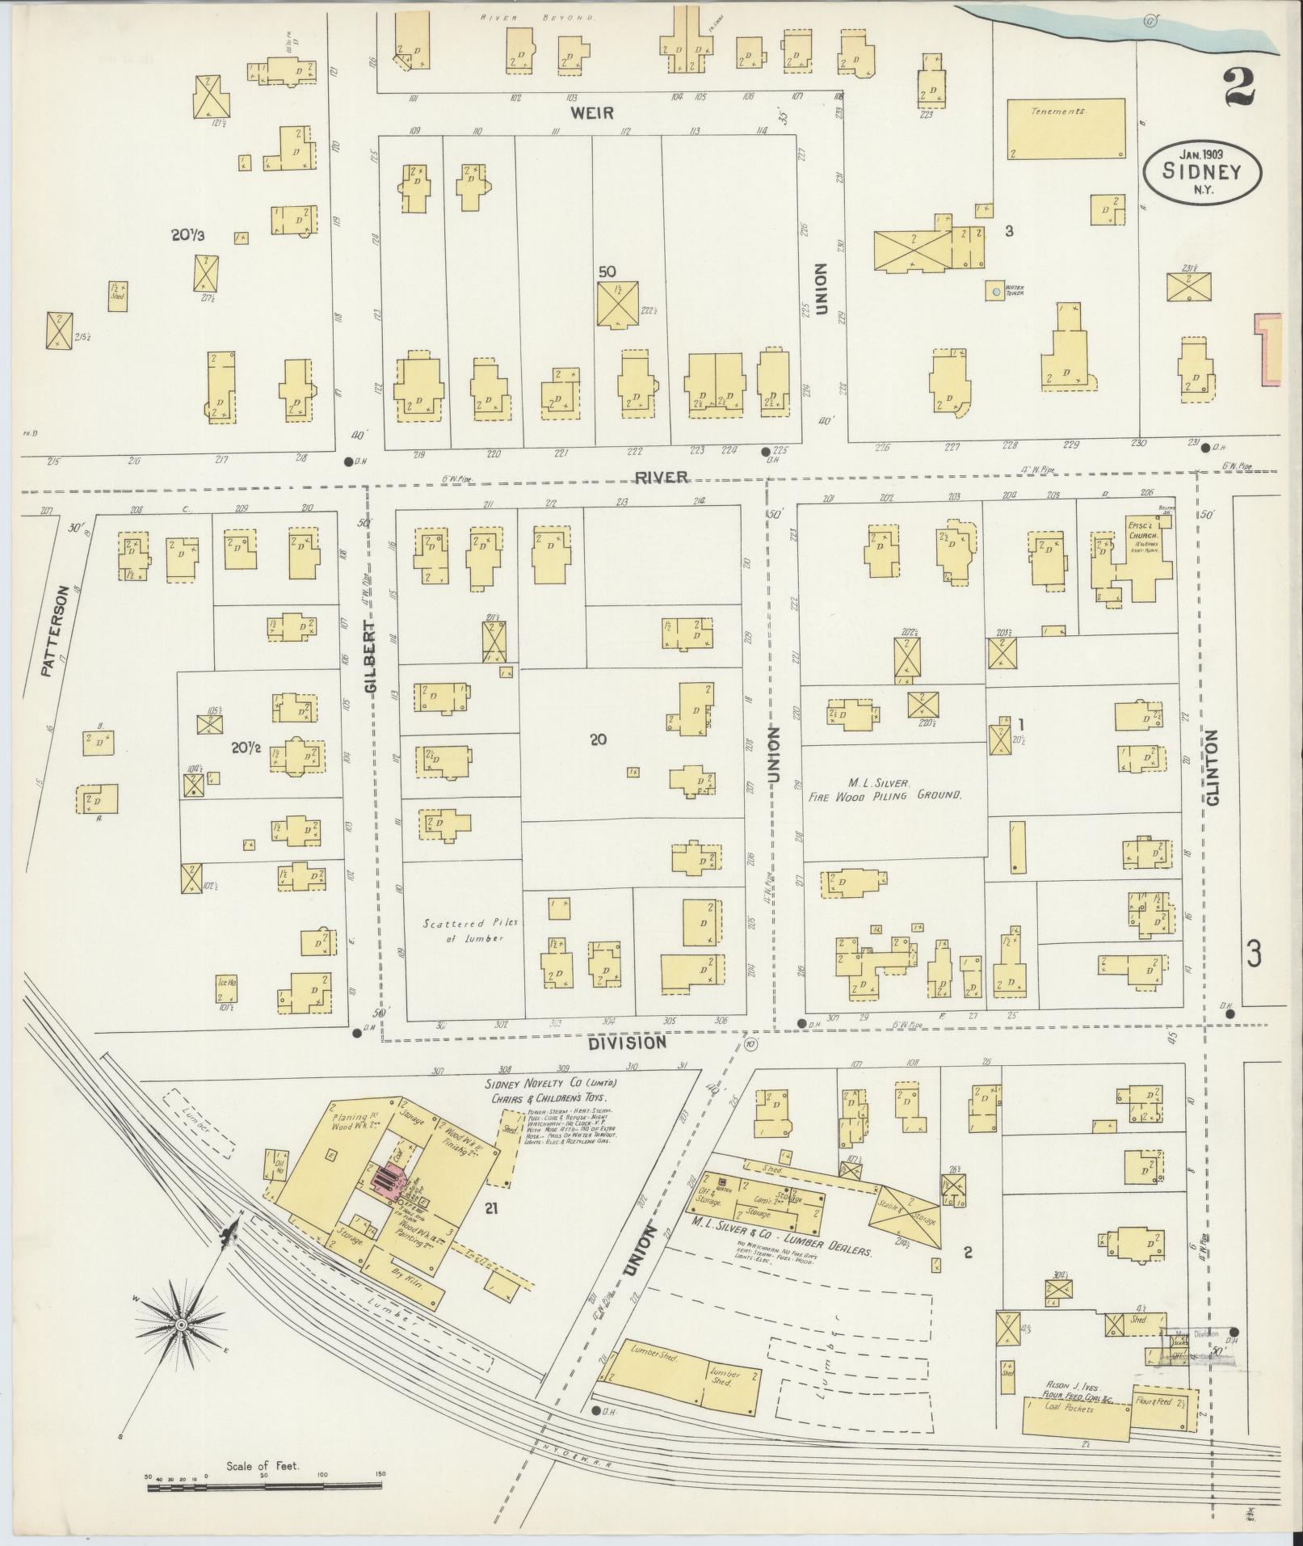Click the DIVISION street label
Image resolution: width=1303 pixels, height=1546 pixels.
(x=628, y=1043)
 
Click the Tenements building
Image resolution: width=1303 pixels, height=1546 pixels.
(x=1065, y=128)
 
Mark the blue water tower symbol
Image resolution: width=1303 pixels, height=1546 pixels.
(x=997, y=291)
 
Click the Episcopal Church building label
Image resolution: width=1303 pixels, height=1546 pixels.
(x=1144, y=539)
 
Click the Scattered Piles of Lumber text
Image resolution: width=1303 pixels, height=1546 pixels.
(x=465, y=930)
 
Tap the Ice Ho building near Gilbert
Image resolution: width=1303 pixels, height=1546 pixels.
(x=227, y=983)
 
